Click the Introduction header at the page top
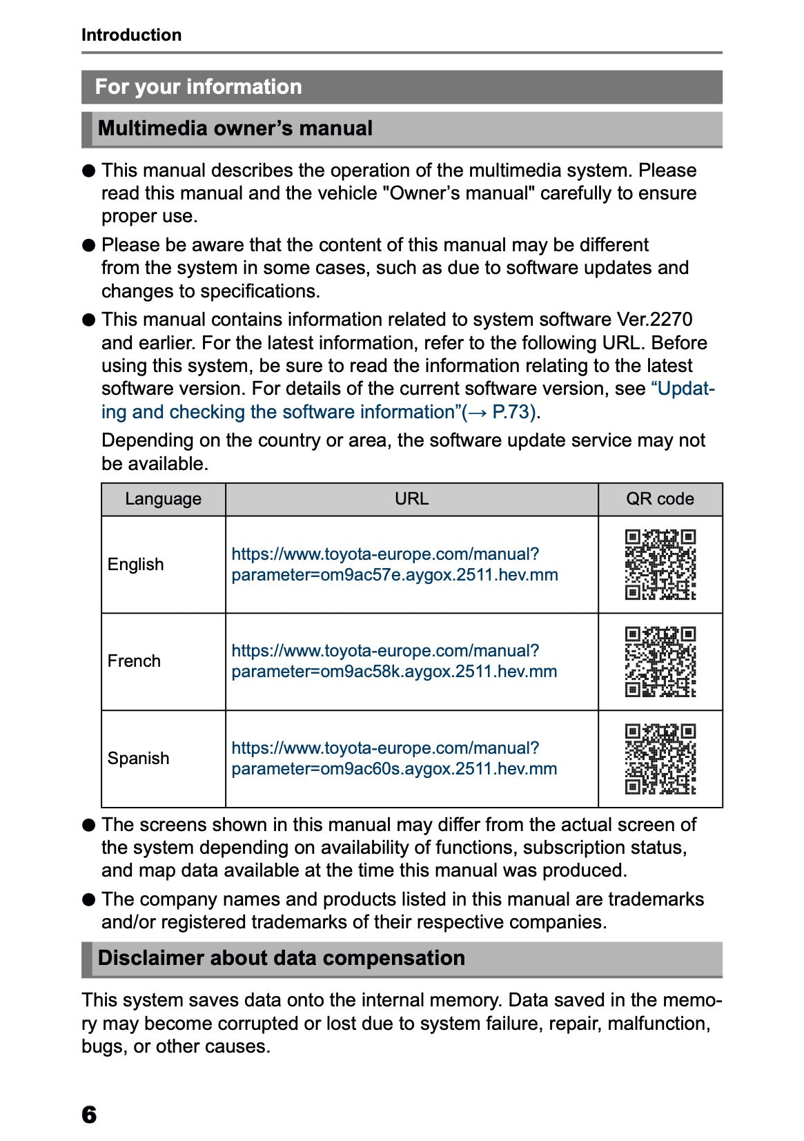(x=131, y=35)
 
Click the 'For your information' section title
(x=198, y=87)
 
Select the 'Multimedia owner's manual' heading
(x=235, y=128)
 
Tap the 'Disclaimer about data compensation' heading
(x=281, y=958)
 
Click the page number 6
(x=89, y=1115)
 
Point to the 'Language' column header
(x=163, y=499)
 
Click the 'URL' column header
(x=411, y=499)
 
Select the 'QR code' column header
(x=660, y=499)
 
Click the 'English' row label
(x=136, y=565)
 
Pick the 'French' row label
(x=134, y=661)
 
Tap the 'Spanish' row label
(x=138, y=759)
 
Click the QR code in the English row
(x=660, y=565)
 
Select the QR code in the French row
(x=660, y=661)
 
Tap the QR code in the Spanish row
(x=660, y=759)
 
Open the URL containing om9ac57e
(x=394, y=565)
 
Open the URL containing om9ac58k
(x=394, y=661)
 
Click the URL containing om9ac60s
(x=394, y=759)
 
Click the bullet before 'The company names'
(x=88, y=899)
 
